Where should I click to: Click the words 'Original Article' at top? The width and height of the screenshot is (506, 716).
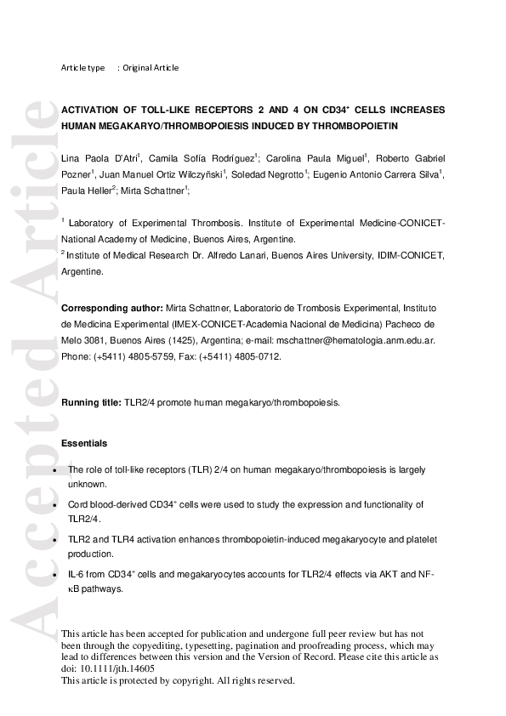[151, 68]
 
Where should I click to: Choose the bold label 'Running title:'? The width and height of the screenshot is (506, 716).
[91, 402]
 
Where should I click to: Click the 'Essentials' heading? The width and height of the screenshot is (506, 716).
[85, 444]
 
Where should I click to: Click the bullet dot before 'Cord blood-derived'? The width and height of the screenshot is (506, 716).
[55, 505]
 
